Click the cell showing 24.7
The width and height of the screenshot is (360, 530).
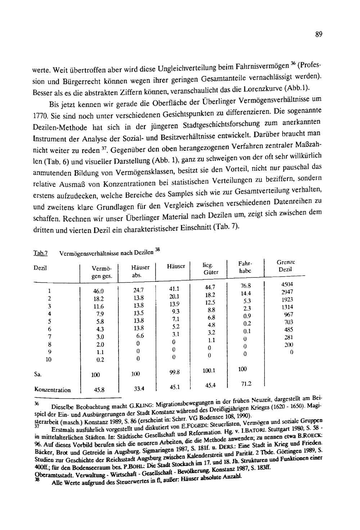click(x=138, y=290)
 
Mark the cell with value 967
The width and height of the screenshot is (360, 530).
click(x=289, y=314)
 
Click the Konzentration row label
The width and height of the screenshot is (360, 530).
click(x=52, y=390)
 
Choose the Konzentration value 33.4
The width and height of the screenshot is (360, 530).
click(x=138, y=389)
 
